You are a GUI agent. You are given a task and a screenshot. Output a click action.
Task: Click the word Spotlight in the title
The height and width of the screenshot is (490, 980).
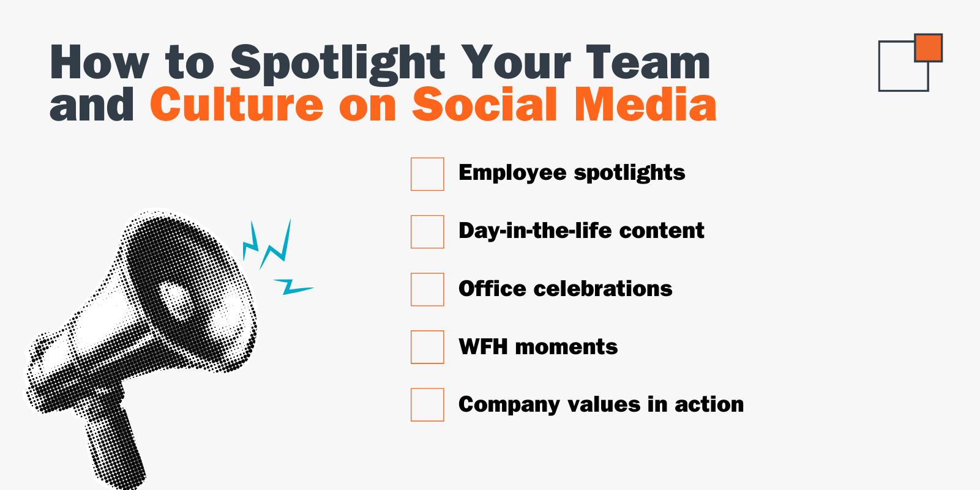click(337, 64)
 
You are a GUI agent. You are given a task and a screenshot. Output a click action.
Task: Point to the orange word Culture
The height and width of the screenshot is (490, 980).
click(237, 104)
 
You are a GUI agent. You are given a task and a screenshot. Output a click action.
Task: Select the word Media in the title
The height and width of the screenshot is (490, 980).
click(645, 104)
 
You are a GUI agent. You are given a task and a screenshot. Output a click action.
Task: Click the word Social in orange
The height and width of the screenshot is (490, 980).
click(485, 104)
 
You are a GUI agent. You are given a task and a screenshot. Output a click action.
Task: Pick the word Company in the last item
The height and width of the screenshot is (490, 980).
click(509, 405)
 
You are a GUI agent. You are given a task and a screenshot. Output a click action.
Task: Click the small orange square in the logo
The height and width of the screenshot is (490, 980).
click(929, 48)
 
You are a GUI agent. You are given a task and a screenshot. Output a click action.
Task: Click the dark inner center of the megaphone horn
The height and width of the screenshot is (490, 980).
click(176, 299)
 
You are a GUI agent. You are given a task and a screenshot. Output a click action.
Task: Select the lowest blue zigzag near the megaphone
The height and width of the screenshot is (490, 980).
click(293, 286)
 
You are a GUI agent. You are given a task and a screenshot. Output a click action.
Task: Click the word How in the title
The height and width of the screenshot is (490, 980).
click(99, 62)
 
